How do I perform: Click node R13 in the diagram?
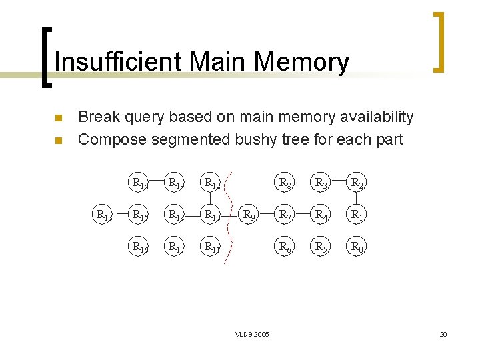pyautogui.click(x=104, y=215)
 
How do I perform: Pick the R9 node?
pyautogui.click(x=249, y=215)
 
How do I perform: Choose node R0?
pyautogui.click(x=357, y=247)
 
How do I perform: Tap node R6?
pyautogui.click(x=285, y=247)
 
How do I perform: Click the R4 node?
pyautogui.click(x=321, y=215)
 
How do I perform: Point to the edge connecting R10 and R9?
pyautogui.click(x=231, y=215)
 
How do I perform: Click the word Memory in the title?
pyautogui.click(x=301, y=62)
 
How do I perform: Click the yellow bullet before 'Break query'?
pyautogui.click(x=58, y=119)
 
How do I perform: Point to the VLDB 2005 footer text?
pyautogui.click(x=252, y=334)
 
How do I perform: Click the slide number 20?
pyautogui.click(x=443, y=334)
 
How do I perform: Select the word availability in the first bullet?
pyautogui.click(x=377, y=117)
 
